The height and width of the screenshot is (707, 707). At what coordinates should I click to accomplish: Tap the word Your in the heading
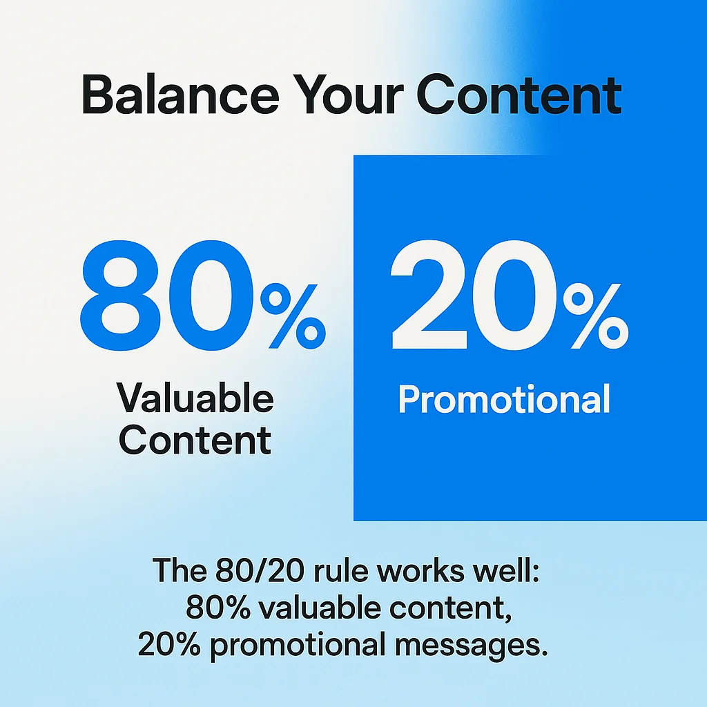coord(343,97)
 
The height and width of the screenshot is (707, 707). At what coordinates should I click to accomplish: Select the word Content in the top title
coord(519,97)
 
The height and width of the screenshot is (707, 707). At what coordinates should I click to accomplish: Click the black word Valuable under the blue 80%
coord(195,399)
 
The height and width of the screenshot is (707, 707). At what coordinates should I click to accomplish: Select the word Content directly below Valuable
coord(195,440)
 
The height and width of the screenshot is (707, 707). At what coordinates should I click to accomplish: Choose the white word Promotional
coord(504,399)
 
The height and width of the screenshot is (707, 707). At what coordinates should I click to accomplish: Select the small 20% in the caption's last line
coord(170,645)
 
